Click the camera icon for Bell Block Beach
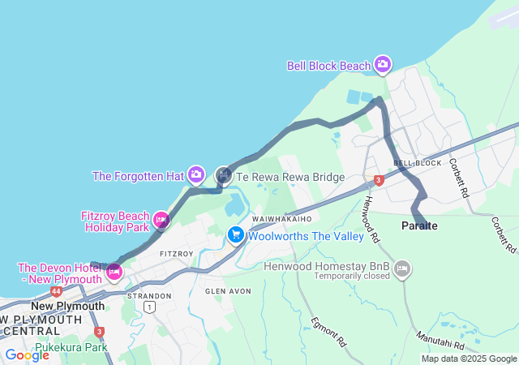[x=382, y=65]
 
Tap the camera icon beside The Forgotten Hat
[x=196, y=175]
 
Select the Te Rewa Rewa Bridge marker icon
[x=224, y=175]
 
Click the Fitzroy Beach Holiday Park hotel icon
[x=161, y=219]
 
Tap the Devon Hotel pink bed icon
[x=114, y=272]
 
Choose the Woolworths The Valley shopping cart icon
[x=236, y=235]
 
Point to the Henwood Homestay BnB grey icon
[x=402, y=268]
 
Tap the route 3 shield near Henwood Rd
[x=378, y=180]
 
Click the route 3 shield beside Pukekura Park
[x=99, y=332]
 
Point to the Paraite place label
[x=419, y=226]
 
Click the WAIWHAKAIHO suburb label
[x=281, y=220]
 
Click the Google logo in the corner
[x=27, y=354]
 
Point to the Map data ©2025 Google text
[x=469, y=359]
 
